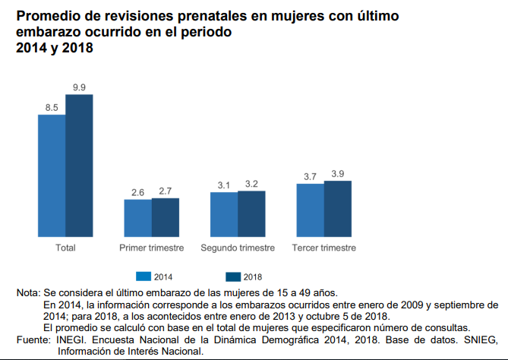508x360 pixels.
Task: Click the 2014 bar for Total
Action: tap(52, 176)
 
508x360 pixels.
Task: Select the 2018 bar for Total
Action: tap(79, 166)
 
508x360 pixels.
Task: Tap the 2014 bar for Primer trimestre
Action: tap(138, 219)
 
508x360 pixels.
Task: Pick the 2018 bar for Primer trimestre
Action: tap(166, 218)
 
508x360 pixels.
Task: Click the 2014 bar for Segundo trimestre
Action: tap(224, 215)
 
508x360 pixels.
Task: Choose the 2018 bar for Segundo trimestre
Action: tap(251, 214)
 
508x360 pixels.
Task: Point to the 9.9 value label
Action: tap(79, 88)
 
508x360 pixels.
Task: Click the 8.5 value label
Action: tap(52, 109)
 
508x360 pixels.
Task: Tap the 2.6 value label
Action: tap(138, 193)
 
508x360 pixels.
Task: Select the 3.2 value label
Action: tap(251, 184)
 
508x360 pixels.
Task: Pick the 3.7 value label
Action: tap(310, 177)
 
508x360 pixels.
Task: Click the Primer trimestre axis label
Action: tap(152, 248)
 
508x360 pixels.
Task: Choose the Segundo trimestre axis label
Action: tap(238, 248)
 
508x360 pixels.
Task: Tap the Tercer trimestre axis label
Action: tap(324, 248)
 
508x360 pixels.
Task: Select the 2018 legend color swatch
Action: tap(232, 276)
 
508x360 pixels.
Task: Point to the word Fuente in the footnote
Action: tap(31, 341)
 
